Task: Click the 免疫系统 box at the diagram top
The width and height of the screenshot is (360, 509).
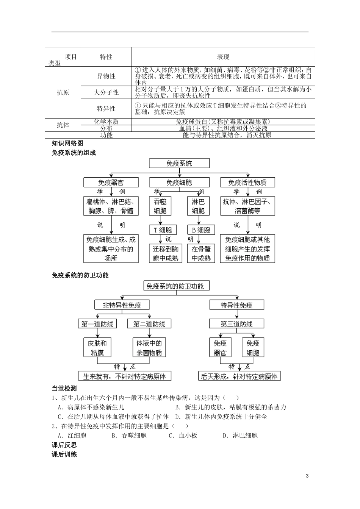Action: click(179, 164)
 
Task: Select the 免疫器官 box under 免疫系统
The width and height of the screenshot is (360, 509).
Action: click(111, 182)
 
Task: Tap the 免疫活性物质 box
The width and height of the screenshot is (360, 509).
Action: click(247, 182)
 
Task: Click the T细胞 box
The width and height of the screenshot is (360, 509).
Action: click(163, 230)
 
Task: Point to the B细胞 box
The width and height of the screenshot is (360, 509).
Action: click(201, 230)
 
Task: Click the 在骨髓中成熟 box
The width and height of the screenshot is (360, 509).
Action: click(201, 253)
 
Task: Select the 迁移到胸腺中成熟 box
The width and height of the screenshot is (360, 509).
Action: click(166, 253)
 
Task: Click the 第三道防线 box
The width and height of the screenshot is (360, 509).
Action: click(236, 324)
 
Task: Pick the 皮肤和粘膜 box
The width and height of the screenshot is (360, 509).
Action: click(97, 348)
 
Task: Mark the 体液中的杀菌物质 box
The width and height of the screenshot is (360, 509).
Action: click(149, 348)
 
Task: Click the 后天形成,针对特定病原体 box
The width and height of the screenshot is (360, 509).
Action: click(239, 376)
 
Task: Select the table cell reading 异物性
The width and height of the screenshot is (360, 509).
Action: click(106, 76)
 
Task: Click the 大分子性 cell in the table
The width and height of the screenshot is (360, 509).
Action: click(106, 92)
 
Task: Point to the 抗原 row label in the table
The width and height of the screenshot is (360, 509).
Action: click(63, 92)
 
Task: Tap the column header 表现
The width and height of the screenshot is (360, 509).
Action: click(223, 57)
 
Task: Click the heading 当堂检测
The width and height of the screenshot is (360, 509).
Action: click(64, 388)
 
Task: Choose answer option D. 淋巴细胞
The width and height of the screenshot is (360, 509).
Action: click(240, 436)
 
